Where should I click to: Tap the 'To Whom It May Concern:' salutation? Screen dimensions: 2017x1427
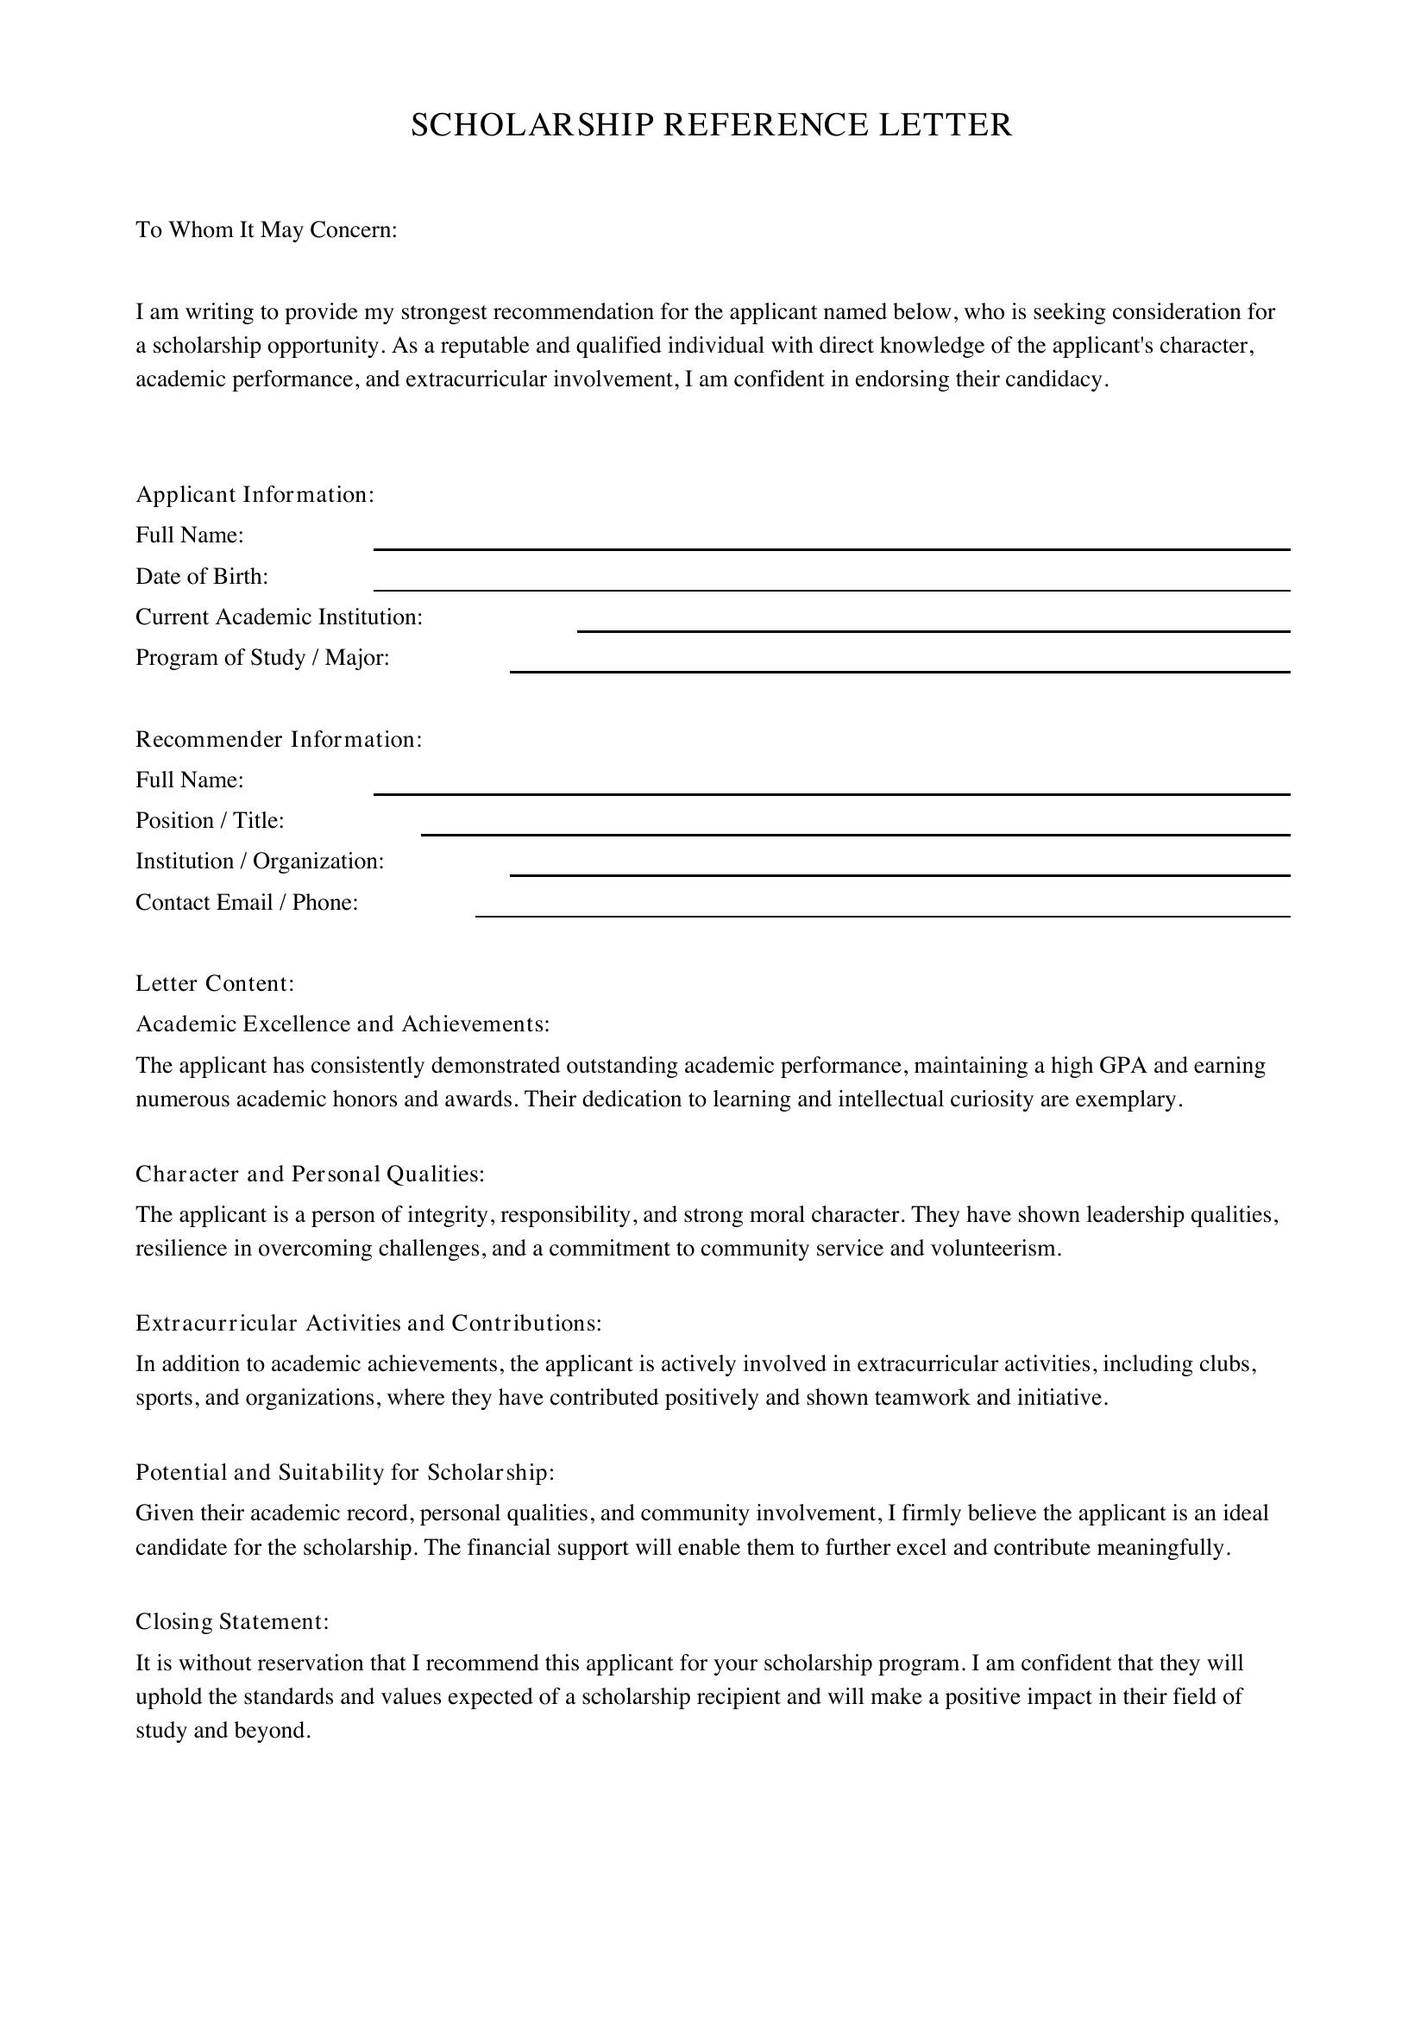267,230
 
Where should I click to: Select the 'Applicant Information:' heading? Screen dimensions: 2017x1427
255,495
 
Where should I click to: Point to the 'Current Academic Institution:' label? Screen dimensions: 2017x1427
279,617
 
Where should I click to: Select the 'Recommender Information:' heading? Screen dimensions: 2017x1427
279,740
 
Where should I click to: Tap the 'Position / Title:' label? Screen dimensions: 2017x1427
209,820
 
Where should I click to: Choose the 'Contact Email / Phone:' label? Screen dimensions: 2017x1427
246,903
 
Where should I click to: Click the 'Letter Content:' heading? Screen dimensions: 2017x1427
215,984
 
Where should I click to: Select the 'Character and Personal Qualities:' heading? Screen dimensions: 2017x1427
310,1174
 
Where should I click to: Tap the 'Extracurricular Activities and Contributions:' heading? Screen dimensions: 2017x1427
368,1323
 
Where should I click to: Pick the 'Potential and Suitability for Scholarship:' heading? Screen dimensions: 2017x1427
344,1472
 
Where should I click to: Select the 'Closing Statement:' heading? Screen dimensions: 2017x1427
232,1622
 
